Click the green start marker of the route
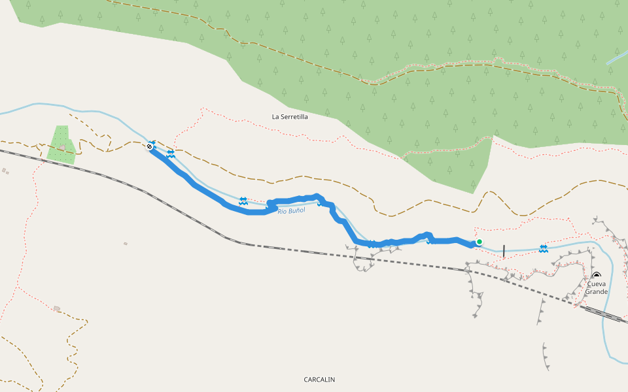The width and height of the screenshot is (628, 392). [x=479, y=242]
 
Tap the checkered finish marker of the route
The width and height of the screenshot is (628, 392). [x=149, y=147]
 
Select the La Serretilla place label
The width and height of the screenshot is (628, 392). [x=290, y=117]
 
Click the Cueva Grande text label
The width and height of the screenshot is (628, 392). [x=596, y=287]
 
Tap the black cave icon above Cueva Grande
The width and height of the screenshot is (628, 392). [x=596, y=275]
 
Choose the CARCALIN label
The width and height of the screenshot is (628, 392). [x=319, y=380]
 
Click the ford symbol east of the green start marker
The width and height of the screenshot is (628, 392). [x=544, y=248]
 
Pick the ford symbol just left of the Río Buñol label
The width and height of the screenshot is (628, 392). [x=243, y=201]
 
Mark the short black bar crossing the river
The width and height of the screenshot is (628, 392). [x=504, y=250]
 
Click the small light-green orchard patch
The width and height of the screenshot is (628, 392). [x=61, y=144]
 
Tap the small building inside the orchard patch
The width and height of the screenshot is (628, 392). [x=62, y=148]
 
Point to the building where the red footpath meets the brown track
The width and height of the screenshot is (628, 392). [x=57, y=308]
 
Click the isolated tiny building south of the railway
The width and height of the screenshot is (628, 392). [x=125, y=244]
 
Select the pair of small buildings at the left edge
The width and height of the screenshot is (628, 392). [x=5, y=171]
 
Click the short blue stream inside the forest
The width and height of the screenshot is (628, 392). [x=617, y=57]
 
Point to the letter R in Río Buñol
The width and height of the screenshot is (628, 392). [x=280, y=212]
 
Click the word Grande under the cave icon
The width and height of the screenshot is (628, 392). [x=596, y=291]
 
